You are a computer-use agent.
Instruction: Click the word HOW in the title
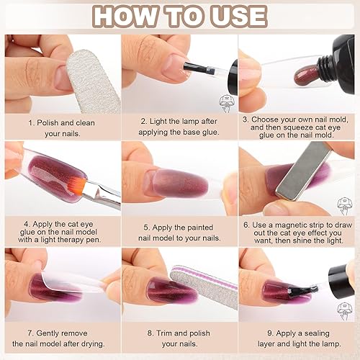point(120,16)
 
